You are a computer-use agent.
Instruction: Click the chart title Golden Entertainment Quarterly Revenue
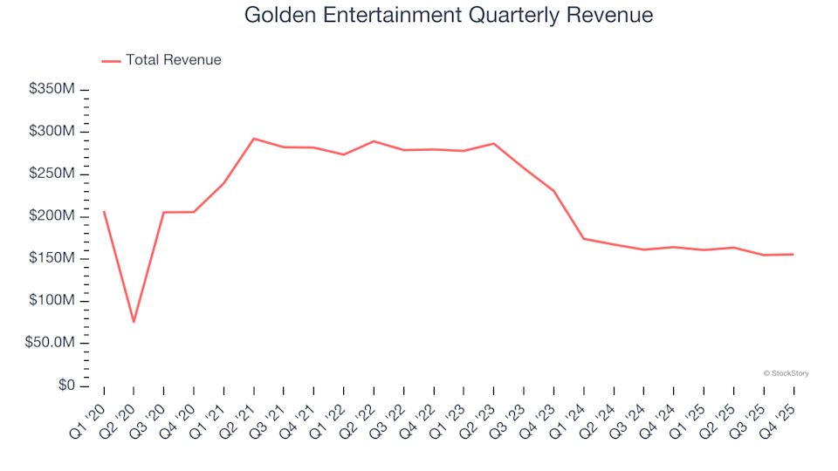[449, 16]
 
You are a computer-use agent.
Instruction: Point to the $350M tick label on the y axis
[52, 90]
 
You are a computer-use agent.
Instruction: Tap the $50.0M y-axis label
[52, 343]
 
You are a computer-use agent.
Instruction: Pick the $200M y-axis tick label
[52, 216]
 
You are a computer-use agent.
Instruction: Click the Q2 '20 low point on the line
[134, 322]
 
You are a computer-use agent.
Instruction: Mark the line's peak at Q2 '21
[253, 139]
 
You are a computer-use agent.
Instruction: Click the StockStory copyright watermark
[786, 373]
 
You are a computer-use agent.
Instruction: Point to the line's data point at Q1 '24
[584, 238]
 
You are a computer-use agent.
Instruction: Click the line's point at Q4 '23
[553, 191]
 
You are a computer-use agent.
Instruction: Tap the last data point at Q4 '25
[793, 255]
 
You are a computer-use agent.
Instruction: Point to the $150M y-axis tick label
[52, 258]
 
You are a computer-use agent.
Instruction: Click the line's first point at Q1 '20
[104, 211]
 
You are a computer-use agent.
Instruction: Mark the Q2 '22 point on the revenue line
[374, 141]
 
